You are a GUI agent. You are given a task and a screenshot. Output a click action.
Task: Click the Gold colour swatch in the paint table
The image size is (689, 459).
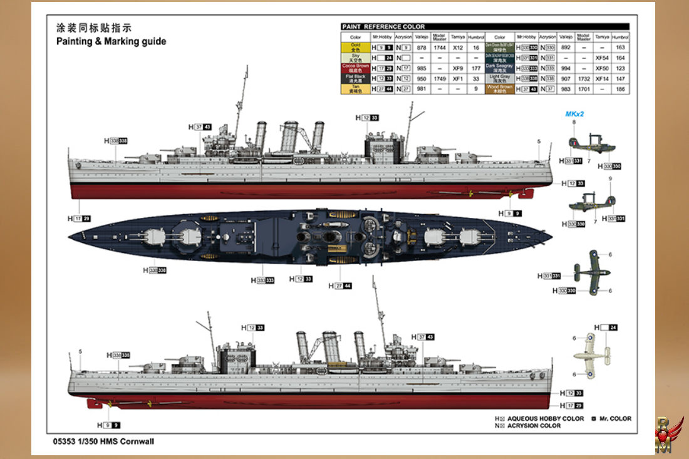[x=355, y=47]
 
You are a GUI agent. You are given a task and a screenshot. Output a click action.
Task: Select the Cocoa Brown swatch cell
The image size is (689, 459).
[x=355, y=66]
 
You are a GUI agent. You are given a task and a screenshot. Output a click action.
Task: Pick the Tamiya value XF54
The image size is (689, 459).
[x=601, y=57]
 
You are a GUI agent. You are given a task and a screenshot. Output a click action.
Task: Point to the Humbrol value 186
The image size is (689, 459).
[x=620, y=90]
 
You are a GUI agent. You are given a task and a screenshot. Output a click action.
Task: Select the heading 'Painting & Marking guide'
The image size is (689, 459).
[x=111, y=41]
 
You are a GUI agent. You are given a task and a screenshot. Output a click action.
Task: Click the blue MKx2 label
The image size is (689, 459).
[x=574, y=114]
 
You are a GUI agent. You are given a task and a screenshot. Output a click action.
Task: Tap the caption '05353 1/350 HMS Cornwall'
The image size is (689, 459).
[x=104, y=441]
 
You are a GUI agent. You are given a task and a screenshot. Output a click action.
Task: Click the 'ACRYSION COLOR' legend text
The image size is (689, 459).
[x=534, y=426]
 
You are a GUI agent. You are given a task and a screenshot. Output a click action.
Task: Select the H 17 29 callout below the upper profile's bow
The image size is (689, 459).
[x=79, y=219]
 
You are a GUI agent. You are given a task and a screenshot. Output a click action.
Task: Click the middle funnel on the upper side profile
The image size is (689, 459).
[x=289, y=136]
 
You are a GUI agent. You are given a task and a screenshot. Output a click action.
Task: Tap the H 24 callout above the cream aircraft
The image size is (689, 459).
[x=606, y=327]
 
